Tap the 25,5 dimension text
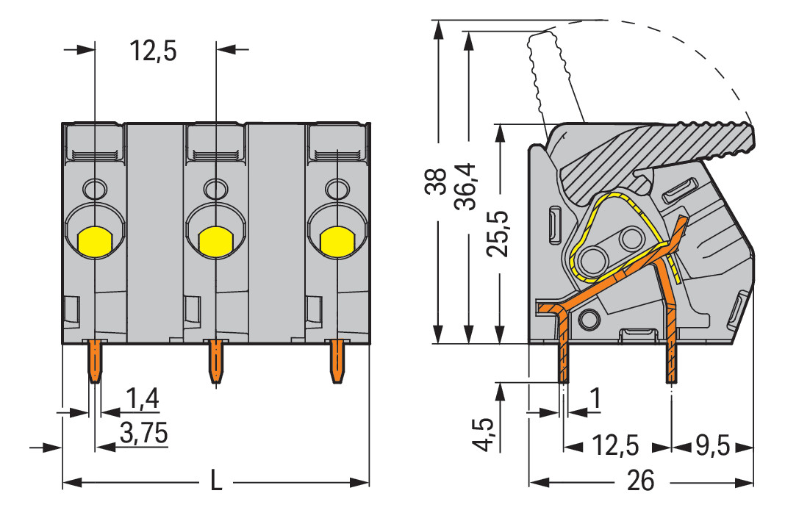499,234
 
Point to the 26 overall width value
641,481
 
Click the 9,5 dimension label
711,445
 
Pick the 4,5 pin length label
485,435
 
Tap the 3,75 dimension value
143,433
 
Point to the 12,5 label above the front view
154,51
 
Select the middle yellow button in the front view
215,241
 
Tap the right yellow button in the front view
336,241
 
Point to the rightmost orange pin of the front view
337,360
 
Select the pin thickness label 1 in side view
596,399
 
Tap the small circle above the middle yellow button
215,190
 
